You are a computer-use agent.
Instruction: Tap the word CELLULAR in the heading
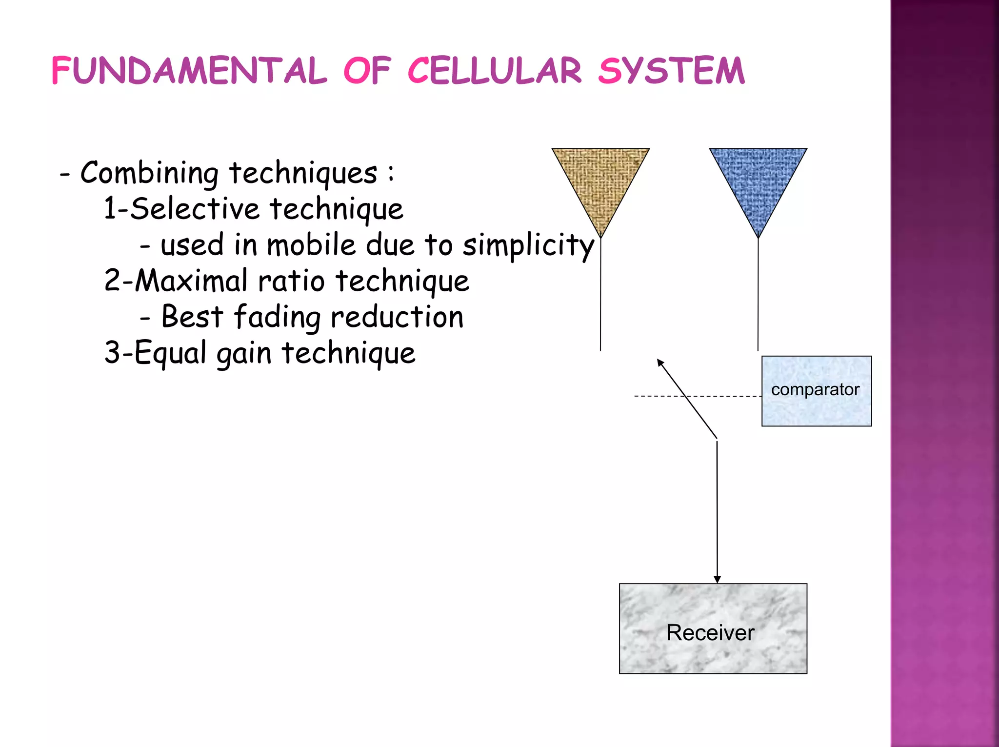[494, 71]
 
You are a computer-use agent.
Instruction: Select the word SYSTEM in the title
[671, 71]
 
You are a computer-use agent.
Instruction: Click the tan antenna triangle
[600, 181]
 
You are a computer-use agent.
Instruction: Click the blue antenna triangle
[758, 181]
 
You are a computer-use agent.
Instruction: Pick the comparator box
[816, 391]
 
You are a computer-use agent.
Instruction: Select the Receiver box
[713, 628]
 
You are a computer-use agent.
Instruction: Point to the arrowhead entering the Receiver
[717, 579]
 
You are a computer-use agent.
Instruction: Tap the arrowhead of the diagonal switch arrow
[660, 362]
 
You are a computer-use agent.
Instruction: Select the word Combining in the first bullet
[149, 173]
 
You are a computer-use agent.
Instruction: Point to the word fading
[277, 317]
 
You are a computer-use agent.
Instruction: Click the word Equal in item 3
[170, 353]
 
